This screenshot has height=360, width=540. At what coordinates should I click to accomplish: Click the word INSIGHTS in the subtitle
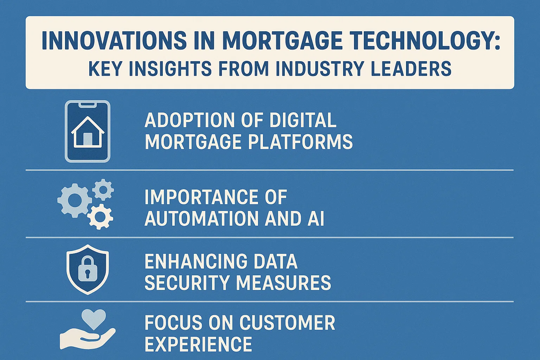point(170,69)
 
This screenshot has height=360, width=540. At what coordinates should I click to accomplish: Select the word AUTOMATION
point(202,218)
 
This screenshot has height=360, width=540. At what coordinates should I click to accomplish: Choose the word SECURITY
point(187,283)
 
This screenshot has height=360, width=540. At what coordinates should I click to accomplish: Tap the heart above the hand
point(94,319)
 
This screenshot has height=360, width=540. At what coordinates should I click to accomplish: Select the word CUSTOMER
point(287,323)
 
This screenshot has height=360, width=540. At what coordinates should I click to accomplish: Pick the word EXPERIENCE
point(198,344)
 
